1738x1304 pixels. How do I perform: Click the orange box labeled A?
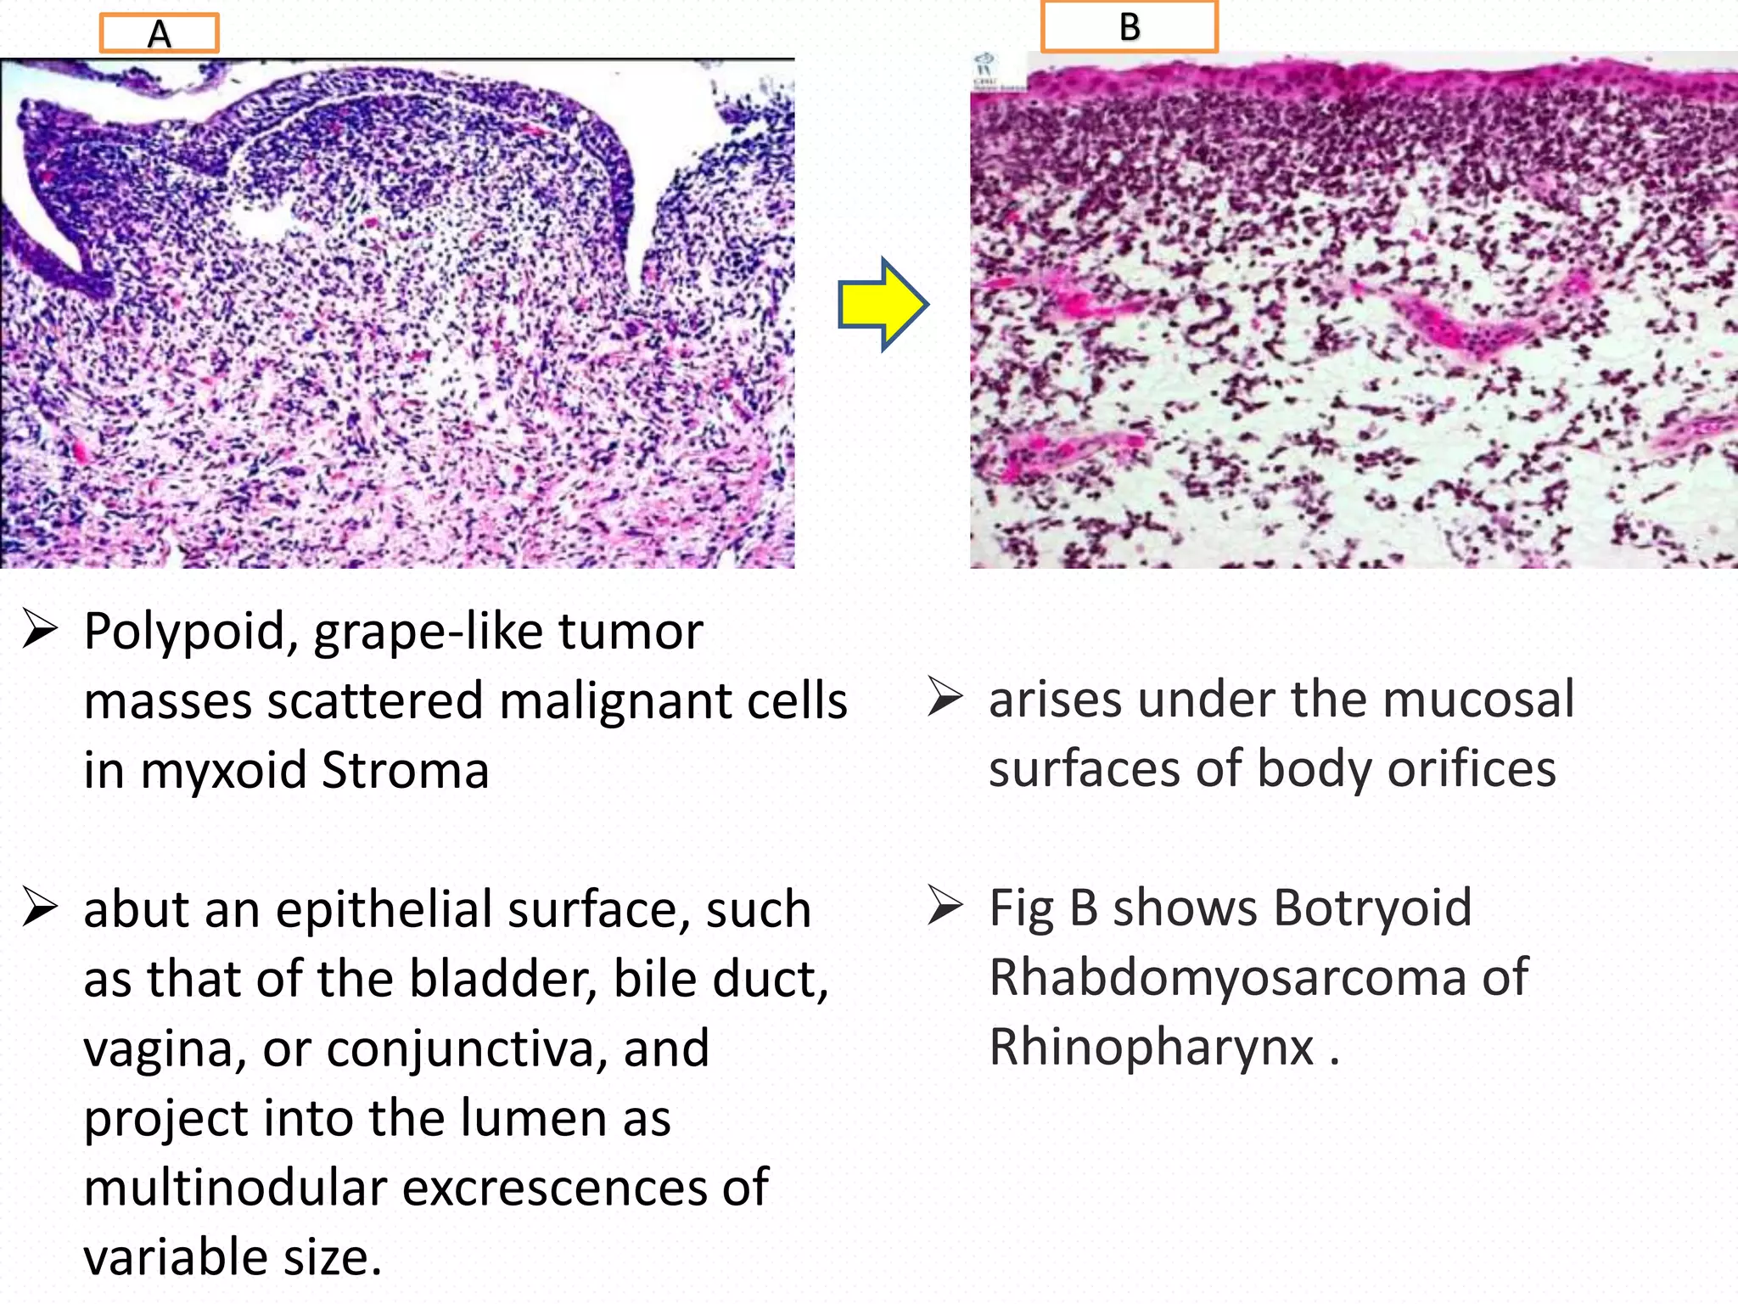tap(160, 34)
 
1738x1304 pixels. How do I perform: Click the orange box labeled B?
tap(1130, 26)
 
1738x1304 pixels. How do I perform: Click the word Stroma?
tap(405, 771)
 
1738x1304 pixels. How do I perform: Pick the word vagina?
tap(165, 1049)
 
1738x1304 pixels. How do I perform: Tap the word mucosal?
tap(1477, 700)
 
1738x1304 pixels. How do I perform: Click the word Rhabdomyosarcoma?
tap(1228, 977)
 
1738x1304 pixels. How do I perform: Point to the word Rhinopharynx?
tap(1152, 1047)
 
